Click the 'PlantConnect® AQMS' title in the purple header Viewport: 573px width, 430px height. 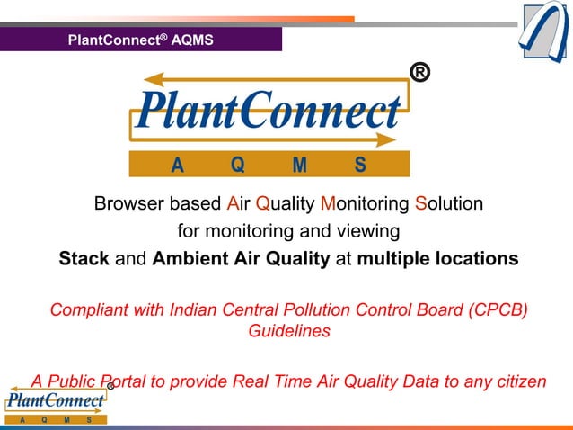click(141, 40)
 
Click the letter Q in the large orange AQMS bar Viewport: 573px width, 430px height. click(237, 165)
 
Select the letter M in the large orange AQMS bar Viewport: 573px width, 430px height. click(300, 165)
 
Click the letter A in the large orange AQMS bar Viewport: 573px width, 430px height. click(177, 165)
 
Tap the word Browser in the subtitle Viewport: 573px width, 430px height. click(128, 204)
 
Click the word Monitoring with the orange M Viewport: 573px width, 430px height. click(366, 204)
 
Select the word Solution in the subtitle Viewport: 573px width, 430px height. click(449, 204)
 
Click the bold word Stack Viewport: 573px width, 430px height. click(84, 259)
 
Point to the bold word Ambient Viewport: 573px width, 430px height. click(187, 259)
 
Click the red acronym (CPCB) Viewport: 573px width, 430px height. click(493, 310)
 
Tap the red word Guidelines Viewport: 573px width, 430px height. click(288, 331)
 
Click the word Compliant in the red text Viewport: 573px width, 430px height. click(89, 310)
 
